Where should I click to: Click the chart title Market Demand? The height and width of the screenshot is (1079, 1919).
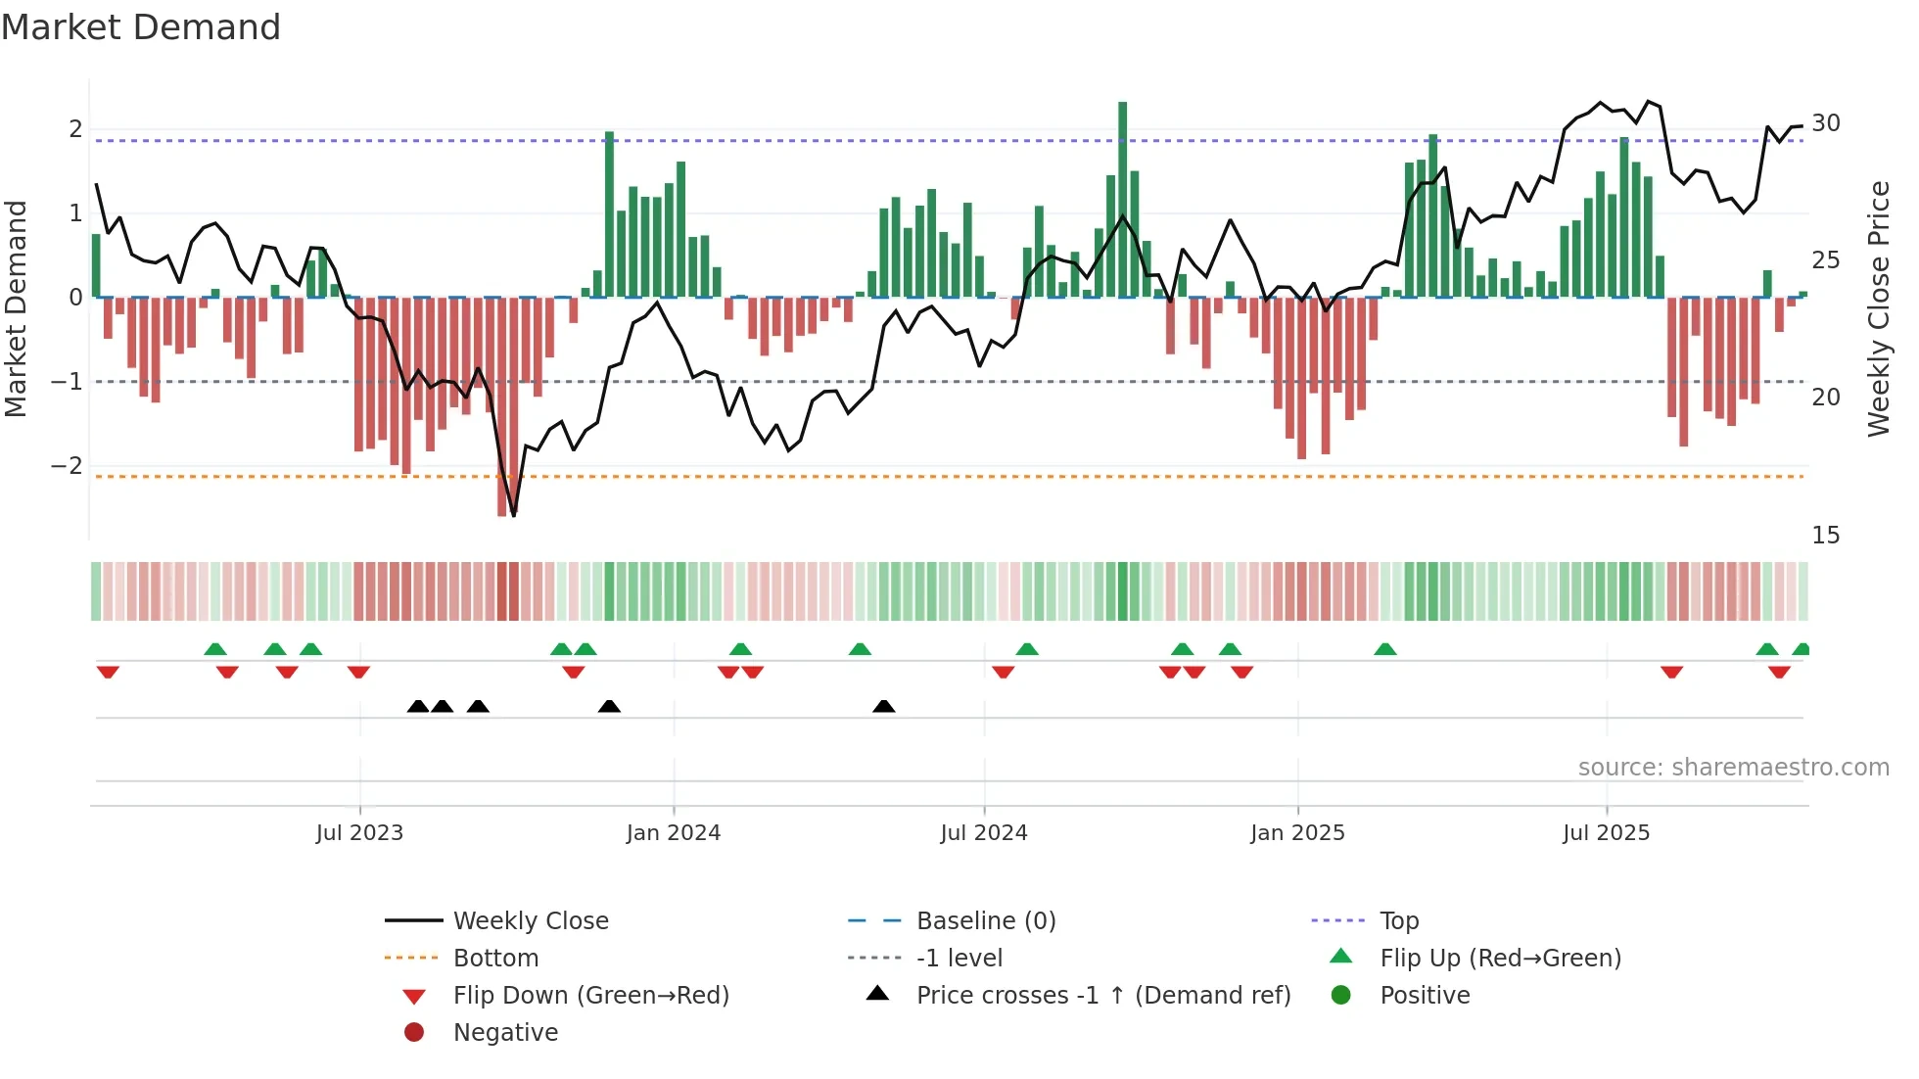click(x=141, y=27)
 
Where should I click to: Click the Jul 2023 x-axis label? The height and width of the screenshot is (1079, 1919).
click(x=359, y=832)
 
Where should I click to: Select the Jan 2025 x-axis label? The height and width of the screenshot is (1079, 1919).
click(x=1297, y=832)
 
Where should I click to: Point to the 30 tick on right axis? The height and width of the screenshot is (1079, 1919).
click(x=1825, y=123)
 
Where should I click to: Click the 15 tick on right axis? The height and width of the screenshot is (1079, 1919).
click(x=1825, y=535)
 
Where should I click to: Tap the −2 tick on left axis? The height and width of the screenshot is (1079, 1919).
click(x=67, y=465)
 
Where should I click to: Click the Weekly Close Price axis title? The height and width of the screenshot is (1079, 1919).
click(x=1878, y=308)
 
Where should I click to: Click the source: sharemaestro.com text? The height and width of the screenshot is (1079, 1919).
click(x=1733, y=767)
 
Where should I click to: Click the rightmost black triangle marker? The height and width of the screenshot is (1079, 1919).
click(x=883, y=707)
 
